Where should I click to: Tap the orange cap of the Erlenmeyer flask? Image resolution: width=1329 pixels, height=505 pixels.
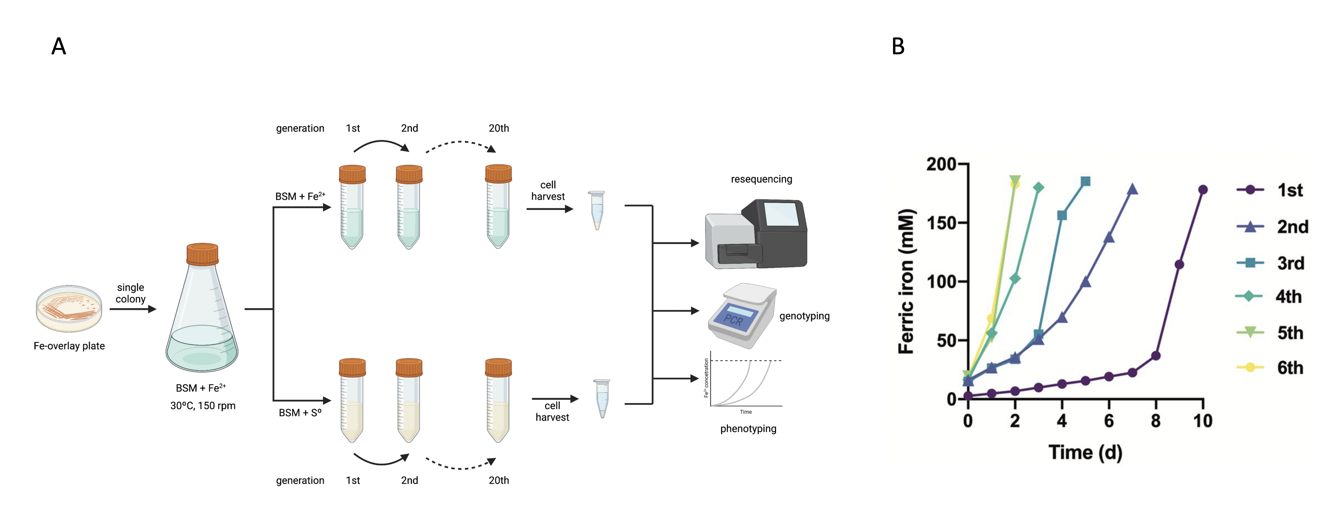[202, 254]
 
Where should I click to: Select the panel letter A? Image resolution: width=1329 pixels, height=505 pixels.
[59, 46]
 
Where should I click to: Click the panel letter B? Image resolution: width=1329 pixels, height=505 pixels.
[898, 46]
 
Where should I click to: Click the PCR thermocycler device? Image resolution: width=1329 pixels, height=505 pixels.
[741, 315]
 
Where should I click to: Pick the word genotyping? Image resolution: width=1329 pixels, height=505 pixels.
[804, 316]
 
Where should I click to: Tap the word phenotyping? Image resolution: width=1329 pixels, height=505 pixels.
[748, 429]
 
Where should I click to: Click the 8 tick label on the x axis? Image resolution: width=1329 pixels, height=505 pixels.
[1156, 421]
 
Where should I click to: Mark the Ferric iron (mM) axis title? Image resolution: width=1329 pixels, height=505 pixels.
[906, 281]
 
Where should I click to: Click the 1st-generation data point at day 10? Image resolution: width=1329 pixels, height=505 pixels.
[1203, 190]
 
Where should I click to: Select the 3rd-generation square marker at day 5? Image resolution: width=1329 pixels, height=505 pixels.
[1086, 181]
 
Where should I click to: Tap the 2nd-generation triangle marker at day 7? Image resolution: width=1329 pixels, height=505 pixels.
[1132, 189]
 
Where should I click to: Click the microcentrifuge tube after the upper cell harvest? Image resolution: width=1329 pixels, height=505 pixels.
[597, 210]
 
